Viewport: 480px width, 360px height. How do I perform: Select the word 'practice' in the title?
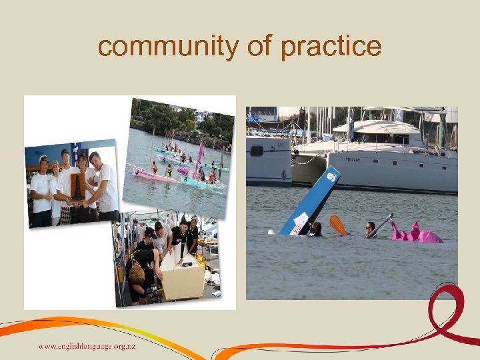[x=331, y=47]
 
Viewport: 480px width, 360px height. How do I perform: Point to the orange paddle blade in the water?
[x=338, y=225]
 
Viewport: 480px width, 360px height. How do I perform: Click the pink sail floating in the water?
[x=416, y=233]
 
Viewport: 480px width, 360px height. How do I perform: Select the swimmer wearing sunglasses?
[x=371, y=229]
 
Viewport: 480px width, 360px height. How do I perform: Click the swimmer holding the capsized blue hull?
[x=315, y=229]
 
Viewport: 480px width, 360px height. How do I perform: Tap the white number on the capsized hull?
[x=331, y=177]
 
